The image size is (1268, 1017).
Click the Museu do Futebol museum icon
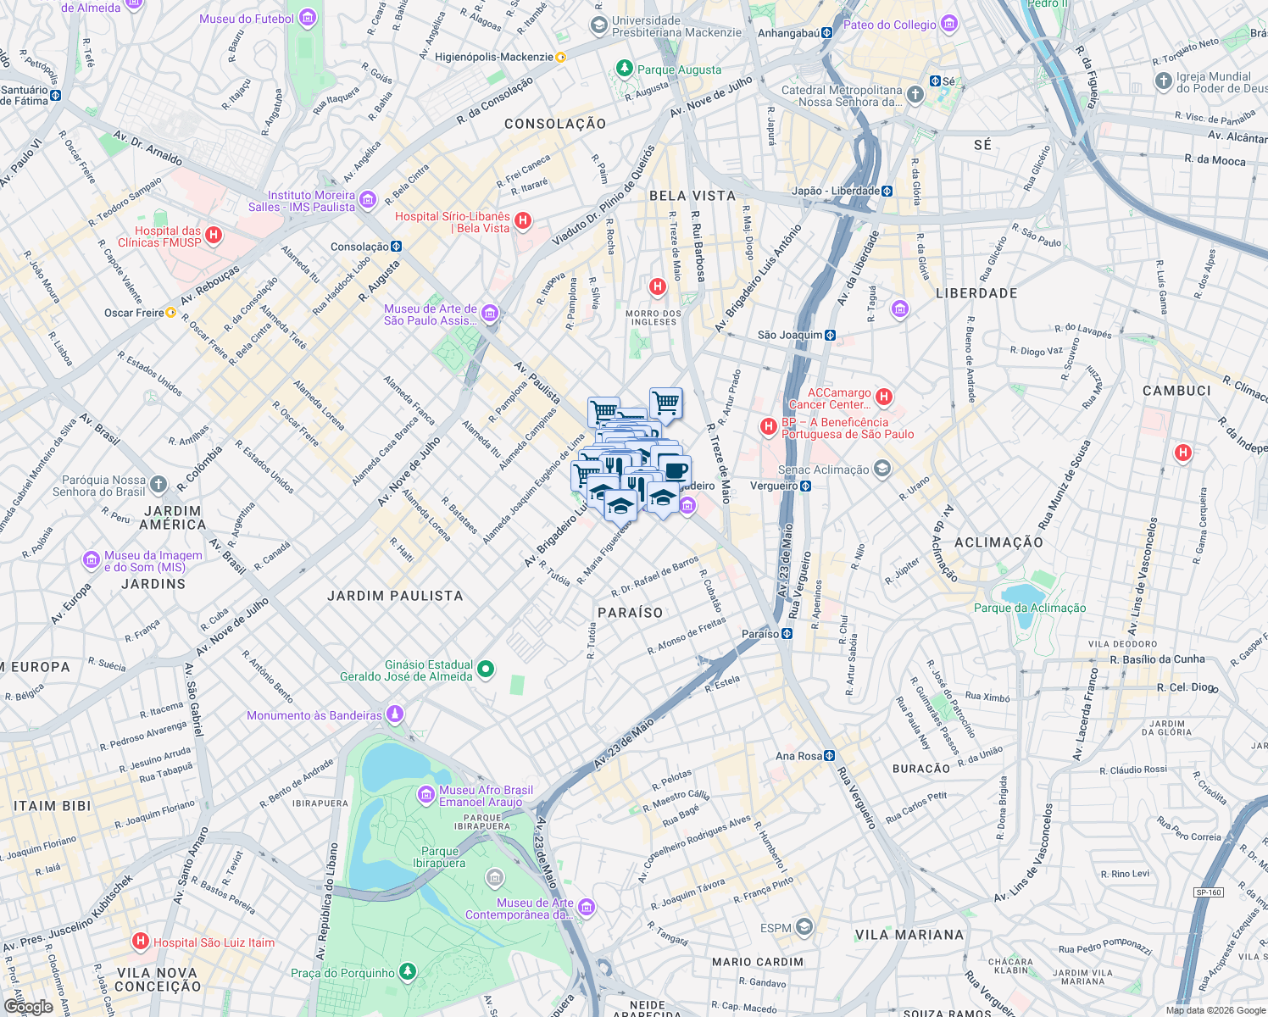tap(308, 18)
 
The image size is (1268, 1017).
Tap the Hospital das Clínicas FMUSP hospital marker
tap(214, 236)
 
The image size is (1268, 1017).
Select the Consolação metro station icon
tap(396, 247)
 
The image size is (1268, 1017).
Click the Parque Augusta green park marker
tap(625, 69)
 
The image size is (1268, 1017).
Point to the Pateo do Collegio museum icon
tap(949, 24)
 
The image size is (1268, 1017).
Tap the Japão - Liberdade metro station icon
tap(887, 191)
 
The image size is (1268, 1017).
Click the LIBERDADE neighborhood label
tap(976, 293)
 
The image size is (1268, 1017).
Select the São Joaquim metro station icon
tap(830, 335)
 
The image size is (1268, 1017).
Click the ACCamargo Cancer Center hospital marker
tap(884, 397)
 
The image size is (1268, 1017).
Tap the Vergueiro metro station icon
tap(805, 486)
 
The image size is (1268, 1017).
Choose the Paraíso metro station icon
tap(787, 634)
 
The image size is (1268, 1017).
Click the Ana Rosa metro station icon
tap(829, 756)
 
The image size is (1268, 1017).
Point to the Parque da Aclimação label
tap(1029, 608)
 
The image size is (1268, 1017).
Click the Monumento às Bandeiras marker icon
tap(394, 714)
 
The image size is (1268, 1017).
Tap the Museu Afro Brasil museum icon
tap(426, 795)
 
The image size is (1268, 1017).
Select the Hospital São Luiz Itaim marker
tap(141, 942)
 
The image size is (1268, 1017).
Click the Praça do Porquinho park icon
tap(408, 971)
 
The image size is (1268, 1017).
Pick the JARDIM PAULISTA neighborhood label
tap(395, 596)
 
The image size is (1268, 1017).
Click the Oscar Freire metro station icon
tap(170, 313)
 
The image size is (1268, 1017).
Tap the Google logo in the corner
tap(28, 1006)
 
